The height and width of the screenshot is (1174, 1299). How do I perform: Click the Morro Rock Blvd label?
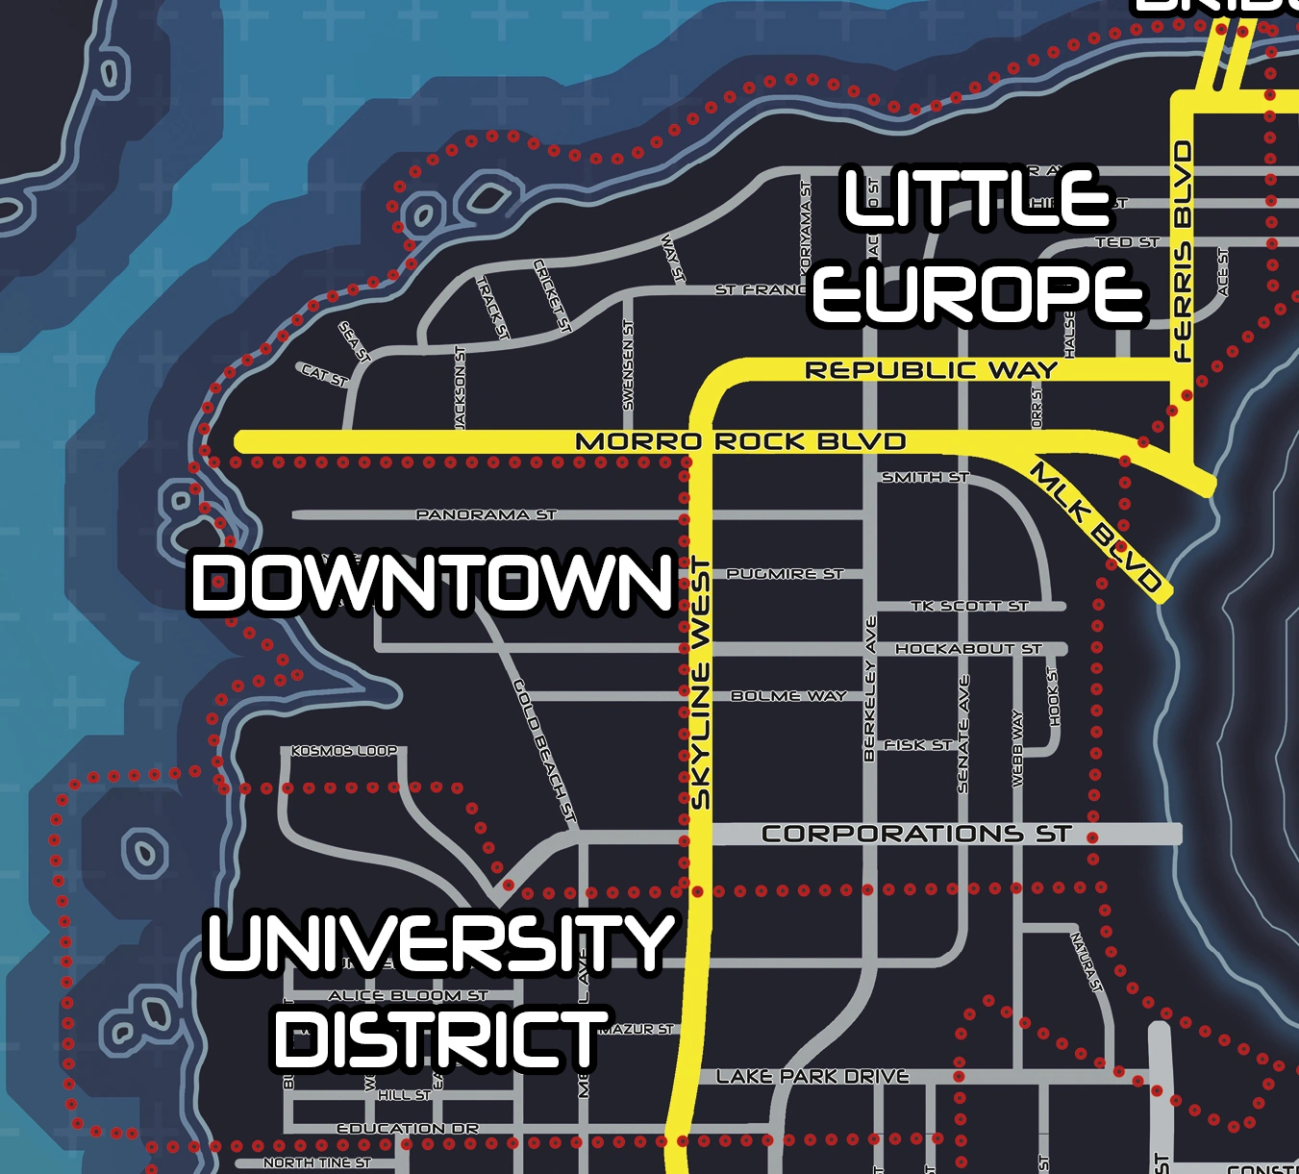[x=740, y=441]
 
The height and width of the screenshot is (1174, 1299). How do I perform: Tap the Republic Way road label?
[x=931, y=370]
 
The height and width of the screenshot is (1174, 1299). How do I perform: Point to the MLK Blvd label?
[x=1096, y=527]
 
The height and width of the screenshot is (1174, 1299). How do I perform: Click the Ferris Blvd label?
[x=1184, y=252]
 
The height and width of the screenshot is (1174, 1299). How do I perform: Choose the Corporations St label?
[x=915, y=834]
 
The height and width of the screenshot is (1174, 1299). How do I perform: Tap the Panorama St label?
[x=486, y=515]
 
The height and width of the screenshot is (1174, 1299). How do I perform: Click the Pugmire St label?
[x=785, y=574]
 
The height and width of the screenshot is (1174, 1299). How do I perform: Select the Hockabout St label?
[x=968, y=649]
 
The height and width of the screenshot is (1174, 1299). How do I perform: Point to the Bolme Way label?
[x=788, y=696]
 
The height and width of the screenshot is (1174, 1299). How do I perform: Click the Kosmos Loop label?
[x=344, y=751]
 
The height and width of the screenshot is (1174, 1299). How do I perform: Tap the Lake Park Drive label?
[x=812, y=1077]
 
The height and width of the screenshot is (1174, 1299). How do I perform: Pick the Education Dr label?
[x=408, y=1128]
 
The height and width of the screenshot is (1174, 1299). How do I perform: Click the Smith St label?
[x=925, y=477]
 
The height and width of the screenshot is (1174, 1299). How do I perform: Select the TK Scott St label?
[x=969, y=606]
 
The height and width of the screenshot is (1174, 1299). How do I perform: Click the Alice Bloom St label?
[x=408, y=995]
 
